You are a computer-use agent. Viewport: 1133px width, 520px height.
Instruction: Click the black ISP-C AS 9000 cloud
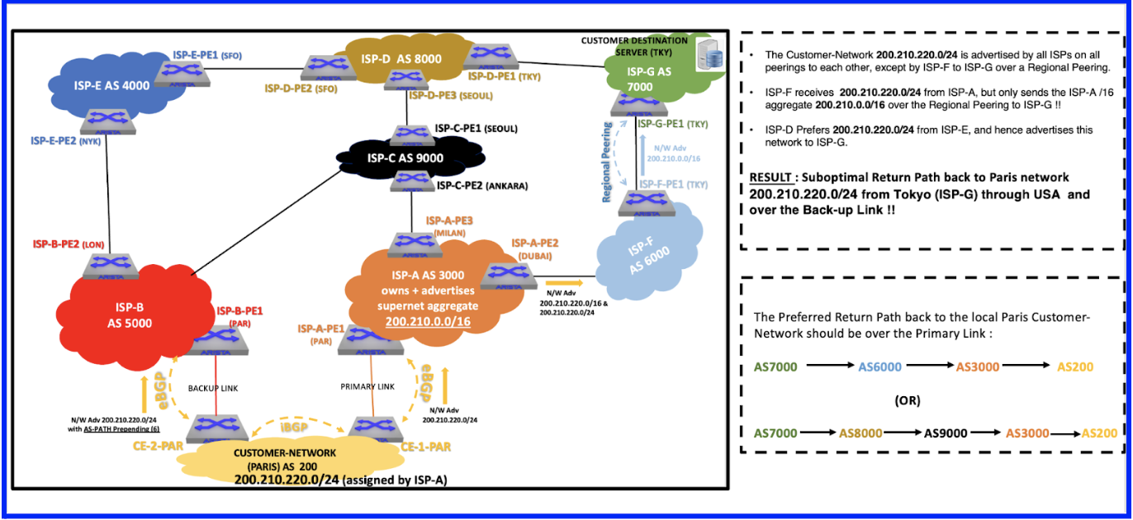pyautogui.click(x=409, y=158)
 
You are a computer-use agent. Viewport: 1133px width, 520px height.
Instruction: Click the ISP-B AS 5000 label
pyautogui.click(x=130, y=315)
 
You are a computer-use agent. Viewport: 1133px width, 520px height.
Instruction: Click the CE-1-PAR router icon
pyautogui.click(x=375, y=427)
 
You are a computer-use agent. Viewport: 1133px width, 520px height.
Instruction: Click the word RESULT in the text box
pyautogui.click(x=771, y=177)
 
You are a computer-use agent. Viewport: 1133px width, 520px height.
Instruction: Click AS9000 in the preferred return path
pyautogui.click(x=946, y=433)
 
